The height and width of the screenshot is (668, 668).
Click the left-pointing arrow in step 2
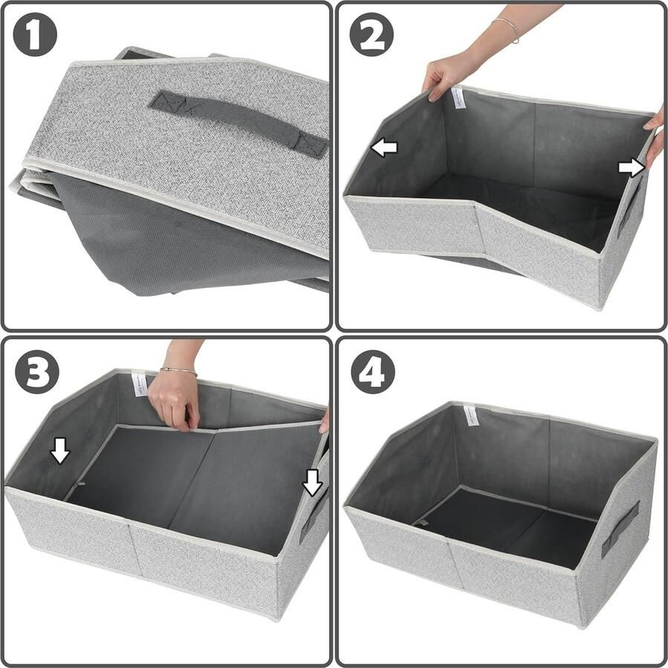tap(384, 148)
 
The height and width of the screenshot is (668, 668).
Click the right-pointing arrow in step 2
tap(631, 168)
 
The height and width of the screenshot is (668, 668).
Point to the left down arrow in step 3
tap(60, 450)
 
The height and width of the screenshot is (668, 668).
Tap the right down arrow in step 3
tap(314, 483)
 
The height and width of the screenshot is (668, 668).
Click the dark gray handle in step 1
tap(239, 122)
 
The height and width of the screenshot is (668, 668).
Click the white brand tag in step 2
tap(456, 96)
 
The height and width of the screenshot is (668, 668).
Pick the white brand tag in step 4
tap(470, 415)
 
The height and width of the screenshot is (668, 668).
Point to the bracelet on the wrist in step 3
tap(178, 369)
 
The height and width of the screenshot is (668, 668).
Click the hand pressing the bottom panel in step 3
tap(175, 402)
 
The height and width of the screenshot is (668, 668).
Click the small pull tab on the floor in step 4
tap(422, 523)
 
